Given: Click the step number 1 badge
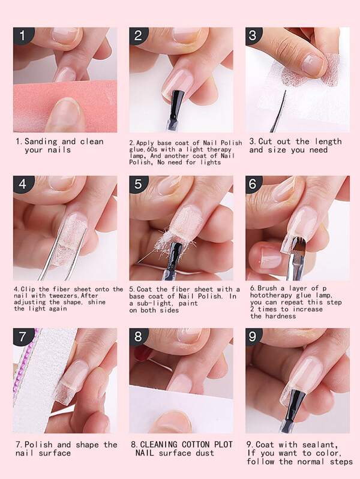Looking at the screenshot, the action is pyautogui.click(x=22, y=35).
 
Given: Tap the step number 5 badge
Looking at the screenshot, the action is pyautogui.click(x=138, y=184).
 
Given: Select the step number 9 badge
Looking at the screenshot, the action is pyautogui.click(x=253, y=337).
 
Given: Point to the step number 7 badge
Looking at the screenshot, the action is pyautogui.click(x=22, y=337).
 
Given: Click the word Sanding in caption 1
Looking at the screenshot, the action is pyautogui.click(x=41, y=141).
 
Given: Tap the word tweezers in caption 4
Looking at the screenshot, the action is pyautogui.click(x=61, y=296).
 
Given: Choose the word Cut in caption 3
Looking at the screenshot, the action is pyautogui.click(x=265, y=141).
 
